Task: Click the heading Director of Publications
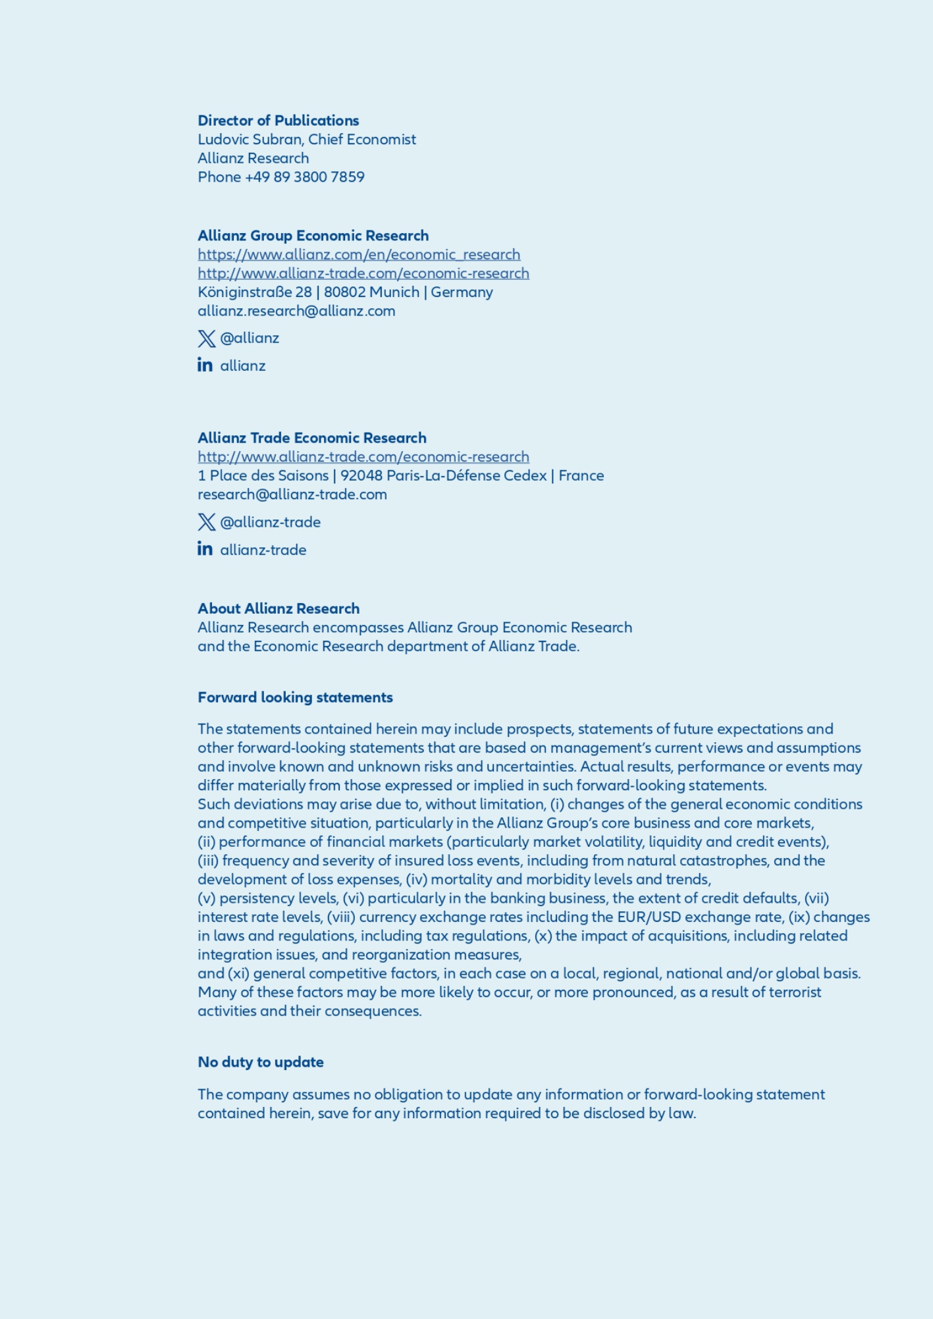[x=278, y=121]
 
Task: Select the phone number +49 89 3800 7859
[x=304, y=177]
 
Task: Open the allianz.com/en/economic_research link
[x=359, y=255]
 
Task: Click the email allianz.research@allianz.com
[x=296, y=311]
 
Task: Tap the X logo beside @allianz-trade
[x=206, y=522]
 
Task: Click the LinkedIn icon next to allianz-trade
[x=205, y=549]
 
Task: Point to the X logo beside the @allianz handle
[x=206, y=338]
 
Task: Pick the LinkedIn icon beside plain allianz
[x=205, y=365]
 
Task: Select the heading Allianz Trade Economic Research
[x=311, y=438]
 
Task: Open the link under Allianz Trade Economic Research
[x=363, y=457]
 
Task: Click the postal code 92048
[x=361, y=475]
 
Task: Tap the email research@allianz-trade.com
[x=292, y=495]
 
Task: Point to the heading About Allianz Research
[x=279, y=608]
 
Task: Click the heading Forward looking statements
[x=295, y=697]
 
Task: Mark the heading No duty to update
[x=261, y=1062]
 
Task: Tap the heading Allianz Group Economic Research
[x=313, y=236]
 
